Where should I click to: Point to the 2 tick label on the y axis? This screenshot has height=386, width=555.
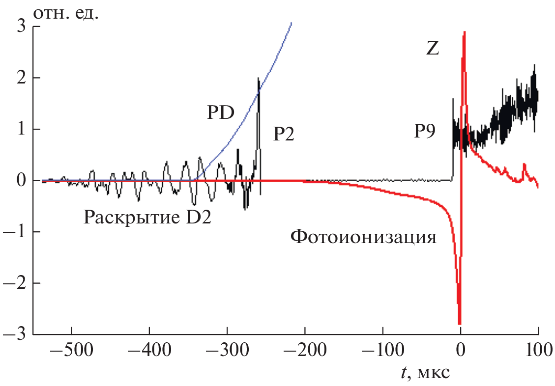click(21, 78)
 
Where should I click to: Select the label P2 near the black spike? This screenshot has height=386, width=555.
click(284, 134)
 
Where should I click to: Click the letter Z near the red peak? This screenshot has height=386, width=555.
click(432, 49)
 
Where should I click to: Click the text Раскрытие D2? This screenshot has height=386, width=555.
click(147, 216)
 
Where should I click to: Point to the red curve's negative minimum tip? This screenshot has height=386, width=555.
click(460, 324)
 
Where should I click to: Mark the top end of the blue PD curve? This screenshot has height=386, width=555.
click(292, 23)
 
